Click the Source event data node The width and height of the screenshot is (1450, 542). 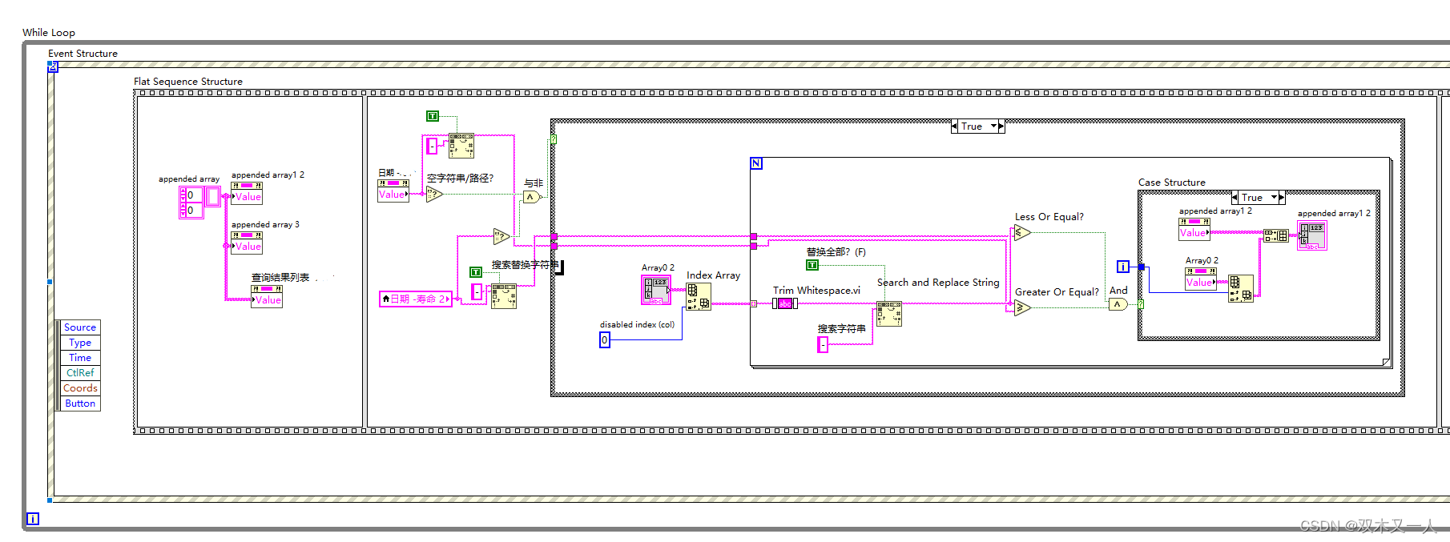click(80, 327)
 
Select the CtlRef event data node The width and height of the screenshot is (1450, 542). click(80, 373)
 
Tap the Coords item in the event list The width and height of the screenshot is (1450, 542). click(80, 388)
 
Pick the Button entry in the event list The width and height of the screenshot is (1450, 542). click(80, 403)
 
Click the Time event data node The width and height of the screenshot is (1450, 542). click(80, 358)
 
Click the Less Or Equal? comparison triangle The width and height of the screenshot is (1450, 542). click(1021, 233)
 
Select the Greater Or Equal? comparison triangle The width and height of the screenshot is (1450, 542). click(1021, 307)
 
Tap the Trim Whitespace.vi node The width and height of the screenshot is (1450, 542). click(784, 303)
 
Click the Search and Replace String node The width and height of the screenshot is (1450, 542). click(889, 314)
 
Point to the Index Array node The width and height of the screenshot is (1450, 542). click(698, 296)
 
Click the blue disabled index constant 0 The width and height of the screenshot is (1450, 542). click(605, 340)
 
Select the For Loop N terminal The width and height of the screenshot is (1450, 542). click(756, 163)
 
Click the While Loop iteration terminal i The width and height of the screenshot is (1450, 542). click(33, 519)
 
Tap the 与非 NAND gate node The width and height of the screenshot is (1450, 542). click(530, 197)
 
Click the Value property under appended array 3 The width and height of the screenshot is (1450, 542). click(247, 246)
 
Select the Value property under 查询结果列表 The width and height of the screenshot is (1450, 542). click(267, 299)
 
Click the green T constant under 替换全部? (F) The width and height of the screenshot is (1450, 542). click(812, 265)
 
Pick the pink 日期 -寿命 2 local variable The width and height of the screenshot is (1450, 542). click(416, 299)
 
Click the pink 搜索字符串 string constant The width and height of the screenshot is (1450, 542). click(823, 344)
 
